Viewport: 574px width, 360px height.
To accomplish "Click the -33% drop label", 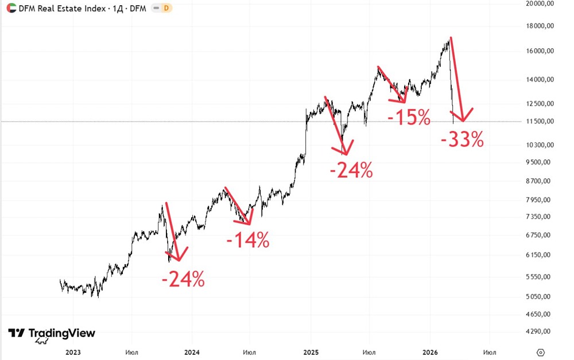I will (462, 139).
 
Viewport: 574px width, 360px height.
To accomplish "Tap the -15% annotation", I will (409, 118).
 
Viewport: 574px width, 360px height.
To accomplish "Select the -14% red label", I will (248, 241).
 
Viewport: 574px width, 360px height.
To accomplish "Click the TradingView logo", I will (52, 334).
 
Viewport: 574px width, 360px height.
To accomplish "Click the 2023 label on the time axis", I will (73, 352).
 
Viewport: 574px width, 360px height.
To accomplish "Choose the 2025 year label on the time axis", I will (311, 352).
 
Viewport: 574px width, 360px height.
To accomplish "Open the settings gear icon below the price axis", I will (541, 352).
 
